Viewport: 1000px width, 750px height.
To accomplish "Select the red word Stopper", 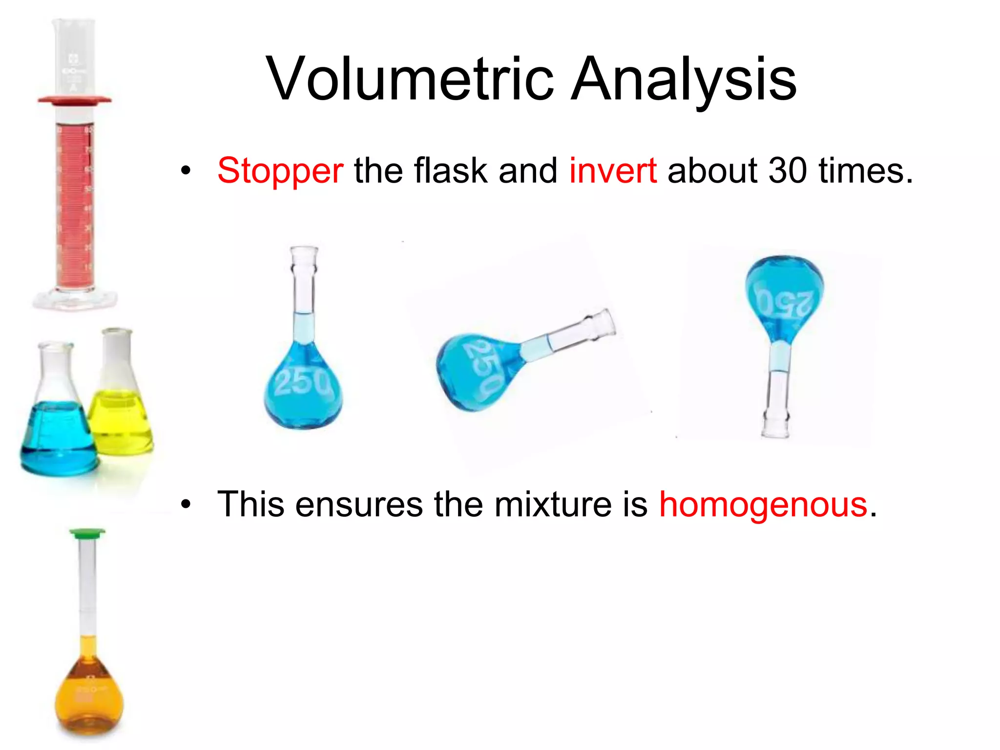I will coord(280,171).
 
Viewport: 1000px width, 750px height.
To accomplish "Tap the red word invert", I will coord(613,171).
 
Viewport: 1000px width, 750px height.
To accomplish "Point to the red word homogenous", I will coord(763,504).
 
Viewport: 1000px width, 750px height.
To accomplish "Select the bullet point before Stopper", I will coord(186,171).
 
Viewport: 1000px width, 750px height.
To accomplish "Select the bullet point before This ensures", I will coord(186,505).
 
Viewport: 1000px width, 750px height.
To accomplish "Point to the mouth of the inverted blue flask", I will coord(776,430).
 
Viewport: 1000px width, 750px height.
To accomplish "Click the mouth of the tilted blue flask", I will coord(605,323).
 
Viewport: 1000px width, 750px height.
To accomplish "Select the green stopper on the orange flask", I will coord(87,534).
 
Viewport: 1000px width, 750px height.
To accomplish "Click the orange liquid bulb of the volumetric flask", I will coord(89,698).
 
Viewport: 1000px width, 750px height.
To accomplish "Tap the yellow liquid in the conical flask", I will coord(121,422).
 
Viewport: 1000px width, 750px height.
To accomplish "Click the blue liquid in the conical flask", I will coord(58,439).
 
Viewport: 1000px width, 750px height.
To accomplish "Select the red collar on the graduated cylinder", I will coord(74,100).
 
